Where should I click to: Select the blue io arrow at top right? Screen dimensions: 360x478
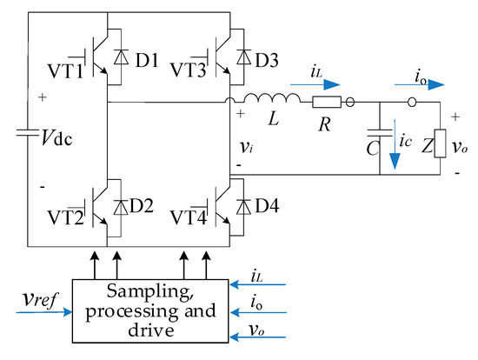pos(425,84)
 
